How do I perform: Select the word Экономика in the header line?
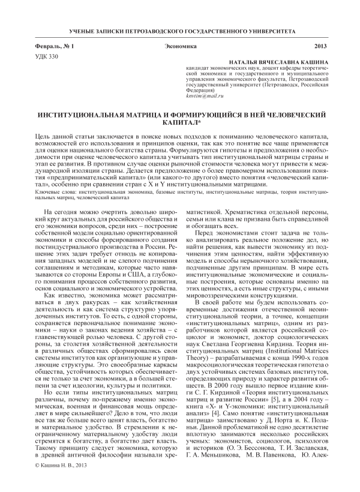coord(180,46)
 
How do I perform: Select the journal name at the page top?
coord(180,30)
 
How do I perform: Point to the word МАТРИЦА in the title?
coord(151,113)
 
